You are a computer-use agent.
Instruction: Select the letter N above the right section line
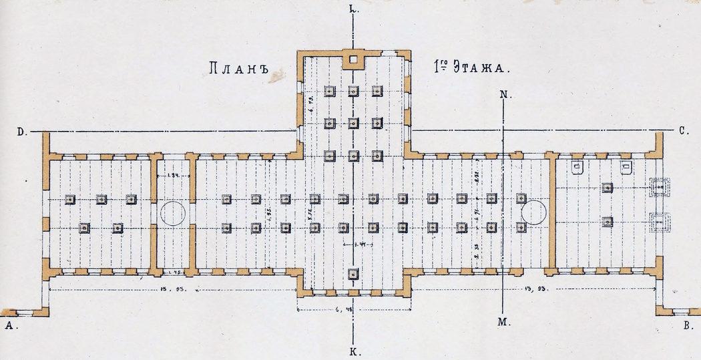505,95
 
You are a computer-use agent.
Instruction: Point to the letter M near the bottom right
503,323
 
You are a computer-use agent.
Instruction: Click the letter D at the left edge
21,132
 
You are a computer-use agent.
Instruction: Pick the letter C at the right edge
684,132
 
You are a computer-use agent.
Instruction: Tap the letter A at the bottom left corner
9,326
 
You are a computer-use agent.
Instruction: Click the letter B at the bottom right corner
688,326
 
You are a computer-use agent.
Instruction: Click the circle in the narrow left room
172,214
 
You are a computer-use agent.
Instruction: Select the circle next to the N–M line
535,214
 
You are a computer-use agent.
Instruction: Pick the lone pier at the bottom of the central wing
353,273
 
